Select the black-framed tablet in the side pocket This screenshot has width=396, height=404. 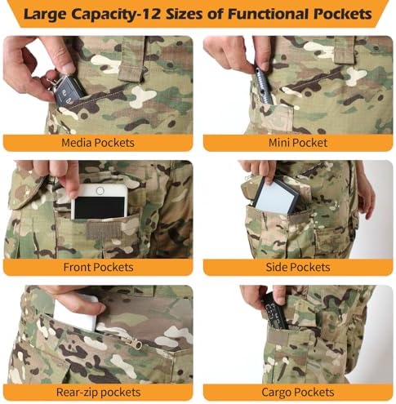point(275,195)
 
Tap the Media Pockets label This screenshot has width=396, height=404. point(98,143)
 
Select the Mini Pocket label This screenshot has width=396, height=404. point(298,143)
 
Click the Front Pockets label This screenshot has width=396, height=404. point(98,267)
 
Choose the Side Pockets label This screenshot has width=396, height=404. point(298,267)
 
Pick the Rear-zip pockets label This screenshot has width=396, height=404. point(98,393)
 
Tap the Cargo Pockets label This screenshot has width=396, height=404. point(298,393)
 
